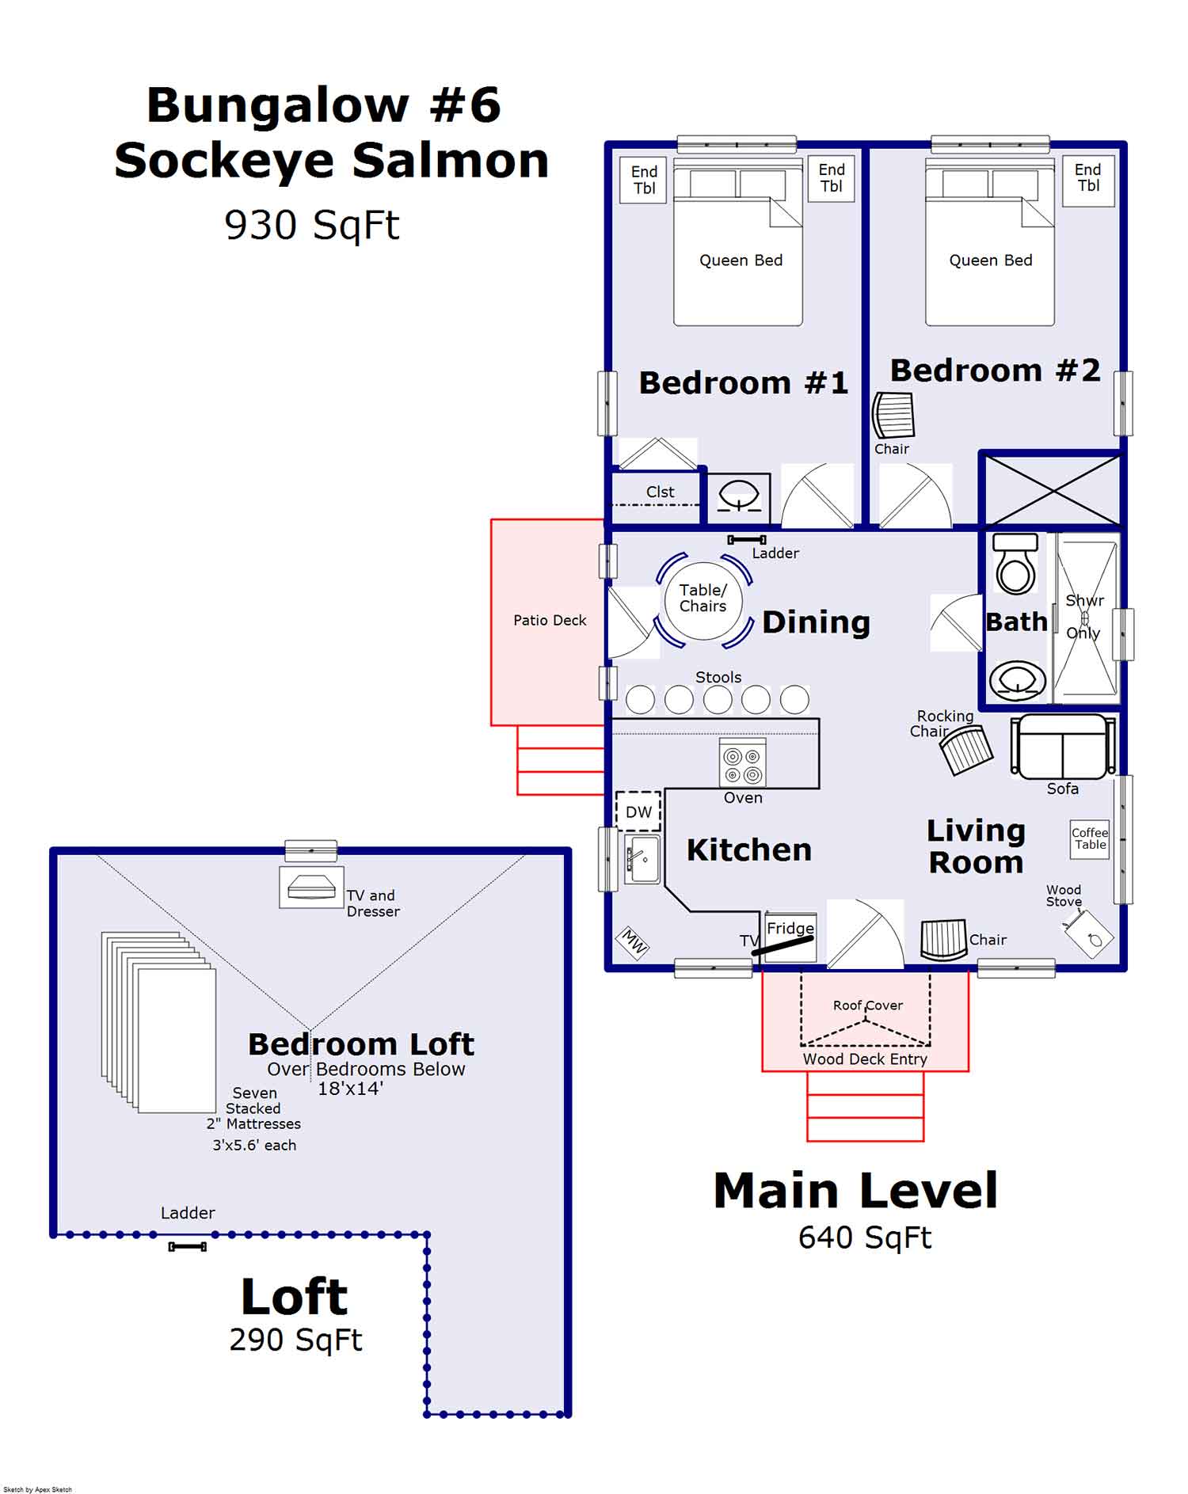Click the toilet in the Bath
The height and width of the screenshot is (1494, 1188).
click(x=1015, y=565)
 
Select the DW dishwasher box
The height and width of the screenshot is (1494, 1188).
click(x=638, y=812)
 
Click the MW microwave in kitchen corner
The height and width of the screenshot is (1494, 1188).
click(x=633, y=942)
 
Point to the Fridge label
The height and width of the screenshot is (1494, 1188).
click(x=790, y=928)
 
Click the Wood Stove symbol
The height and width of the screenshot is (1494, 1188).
click(x=1089, y=935)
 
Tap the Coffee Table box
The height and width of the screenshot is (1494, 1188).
click(x=1090, y=838)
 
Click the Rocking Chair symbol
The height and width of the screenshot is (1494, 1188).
click(x=966, y=750)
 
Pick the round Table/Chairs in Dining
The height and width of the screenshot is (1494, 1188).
click(x=703, y=599)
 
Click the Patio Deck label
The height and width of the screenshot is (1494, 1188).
click(x=550, y=620)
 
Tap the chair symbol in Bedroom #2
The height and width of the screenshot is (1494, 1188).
click(x=893, y=415)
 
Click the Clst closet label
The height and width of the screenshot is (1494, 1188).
click(x=660, y=492)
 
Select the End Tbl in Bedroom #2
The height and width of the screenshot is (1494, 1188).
click(x=1087, y=180)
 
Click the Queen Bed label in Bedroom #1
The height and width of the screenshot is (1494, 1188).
click(x=741, y=260)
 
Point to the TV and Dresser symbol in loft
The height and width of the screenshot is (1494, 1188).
click(x=311, y=888)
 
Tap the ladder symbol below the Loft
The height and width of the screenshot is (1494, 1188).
click(x=188, y=1247)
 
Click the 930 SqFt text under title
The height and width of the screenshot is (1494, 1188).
click(x=312, y=226)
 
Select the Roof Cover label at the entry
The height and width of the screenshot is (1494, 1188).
click(x=867, y=1006)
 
